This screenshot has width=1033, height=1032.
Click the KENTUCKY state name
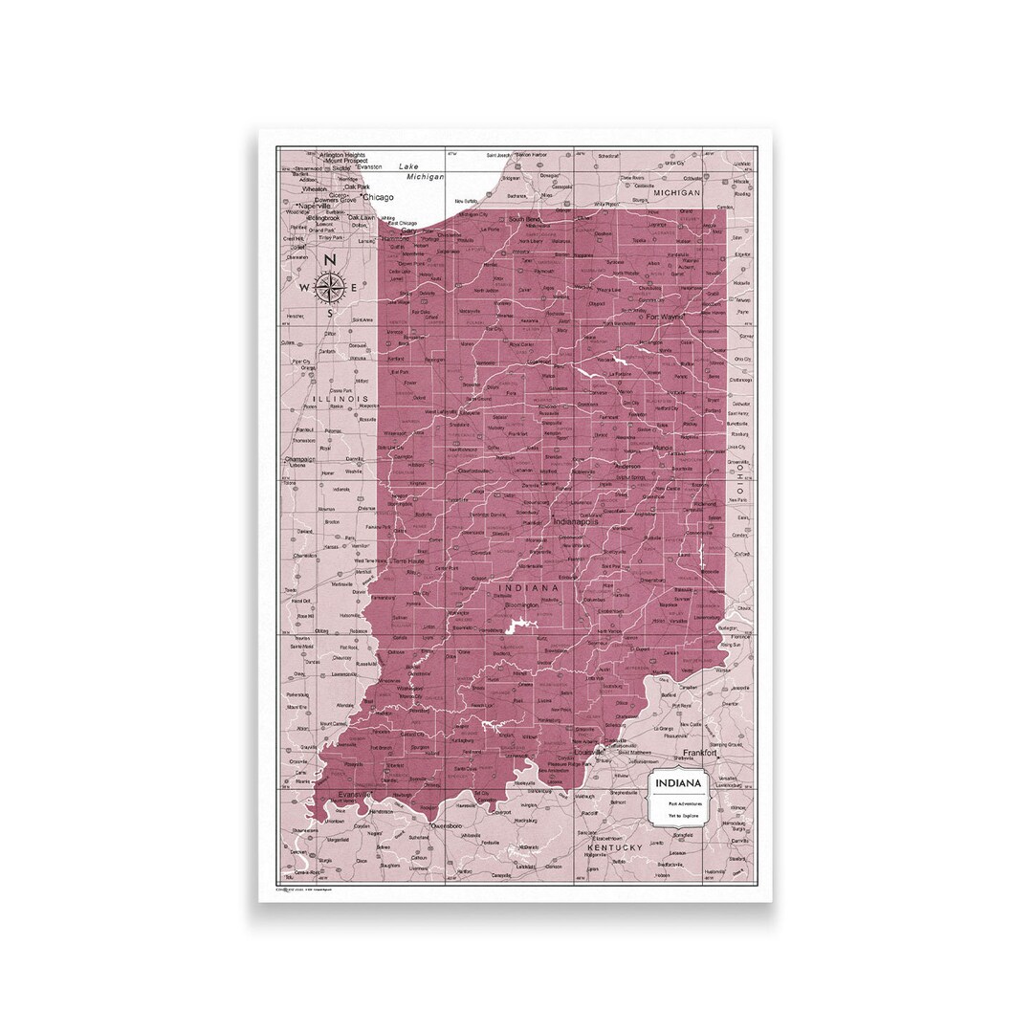pos(616,847)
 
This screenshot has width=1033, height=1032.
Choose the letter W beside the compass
pos(305,286)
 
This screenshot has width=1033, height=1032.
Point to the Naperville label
pos(313,206)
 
